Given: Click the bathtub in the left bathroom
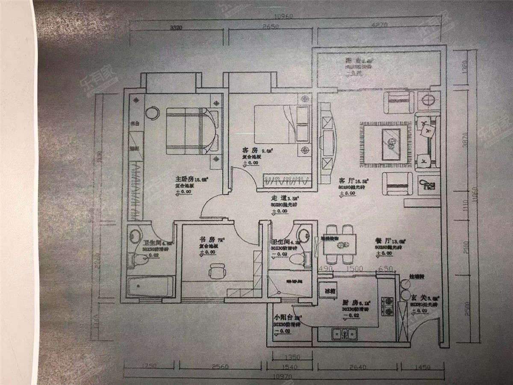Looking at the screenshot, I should pyautogui.click(x=150, y=287).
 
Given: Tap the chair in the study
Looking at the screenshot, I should pyautogui.click(x=217, y=271).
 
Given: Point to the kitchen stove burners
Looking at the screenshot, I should pyautogui.click(x=389, y=305).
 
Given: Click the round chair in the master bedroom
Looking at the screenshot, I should pyautogui.click(x=152, y=113).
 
